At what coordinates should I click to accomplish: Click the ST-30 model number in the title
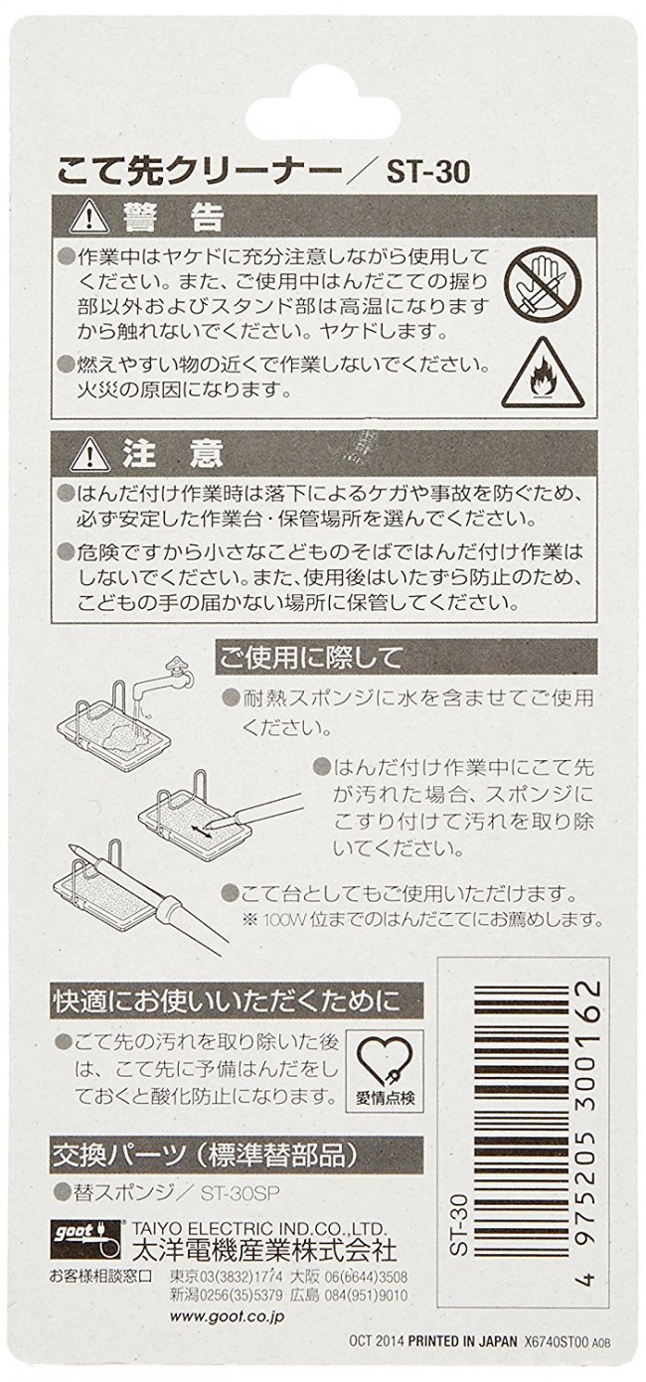[428, 172]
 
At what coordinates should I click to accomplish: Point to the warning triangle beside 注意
[90, 454]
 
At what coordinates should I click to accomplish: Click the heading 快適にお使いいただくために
[227, 1001]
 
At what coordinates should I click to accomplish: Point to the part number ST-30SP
[240, 1193]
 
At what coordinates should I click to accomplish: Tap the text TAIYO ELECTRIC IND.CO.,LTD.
[259, 1227]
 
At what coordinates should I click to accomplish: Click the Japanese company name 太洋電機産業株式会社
[264, 1246]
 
